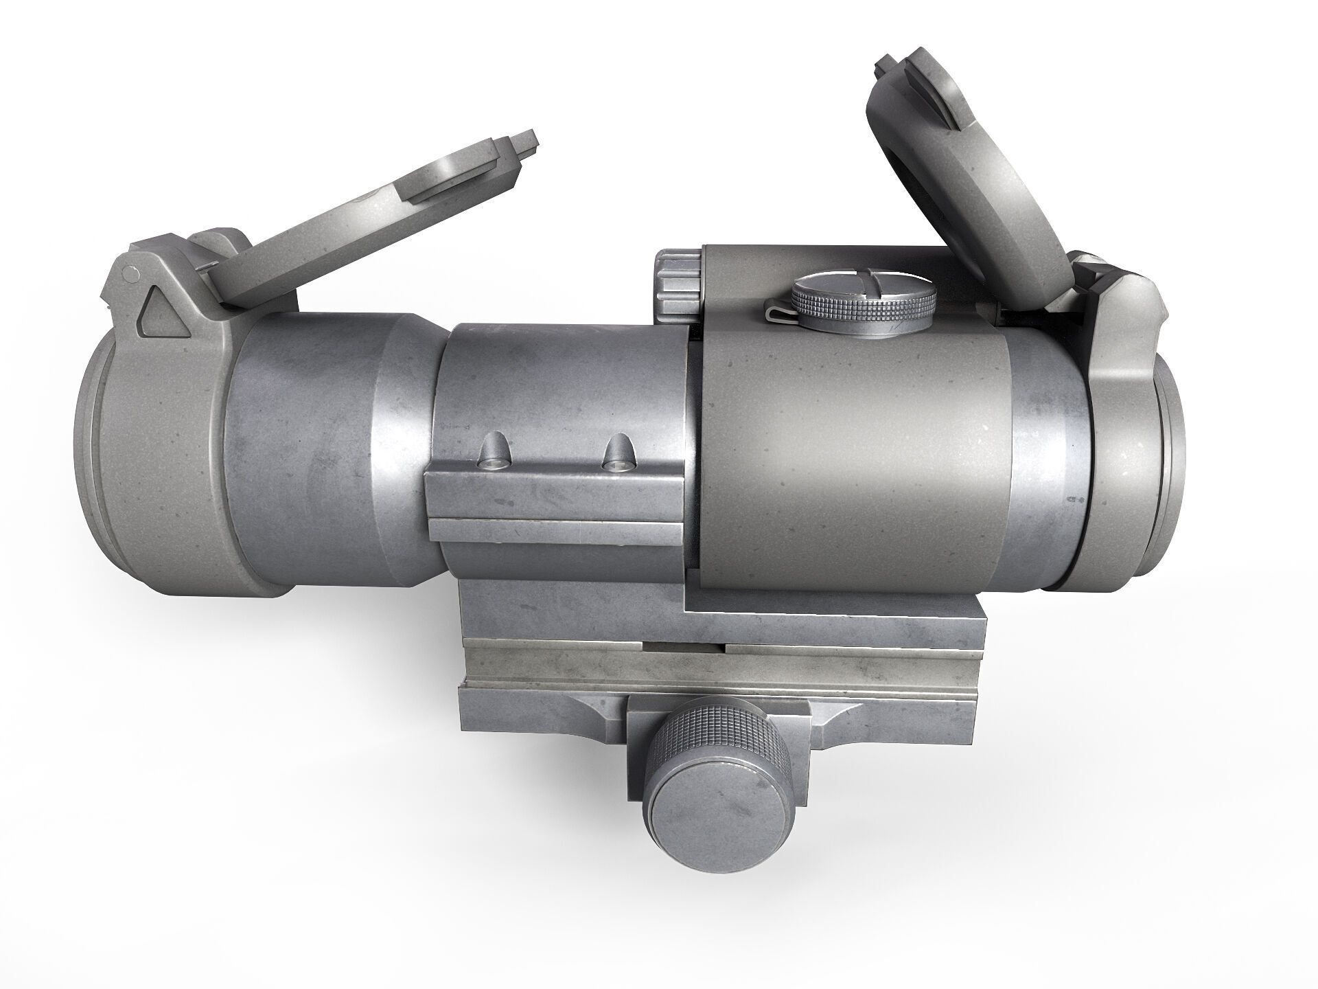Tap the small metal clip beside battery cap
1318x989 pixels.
click(x=780, y=312)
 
